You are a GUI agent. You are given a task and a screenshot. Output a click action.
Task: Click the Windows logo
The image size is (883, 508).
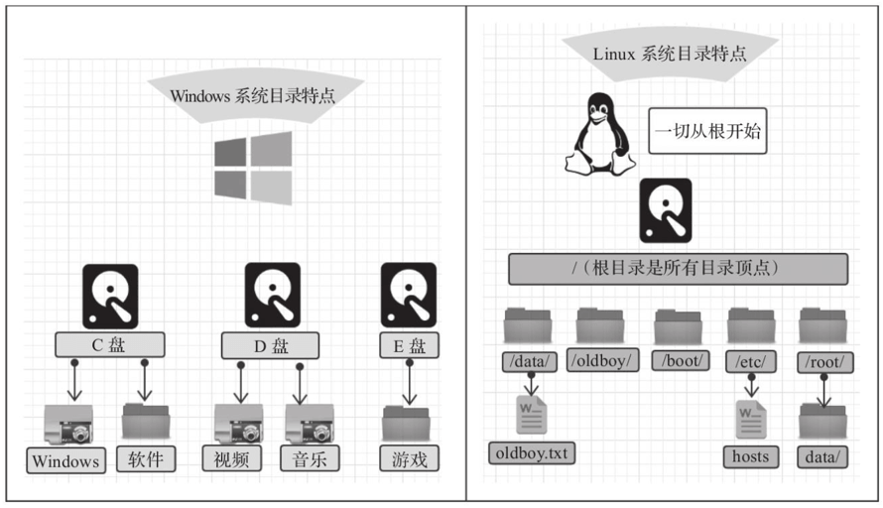pos(253,168)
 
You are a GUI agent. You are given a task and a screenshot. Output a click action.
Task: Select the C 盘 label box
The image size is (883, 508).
pos(109,345)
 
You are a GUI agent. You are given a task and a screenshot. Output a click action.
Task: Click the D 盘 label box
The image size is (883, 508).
pos(269,345)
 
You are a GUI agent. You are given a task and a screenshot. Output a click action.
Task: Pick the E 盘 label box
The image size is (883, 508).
pos(408,345)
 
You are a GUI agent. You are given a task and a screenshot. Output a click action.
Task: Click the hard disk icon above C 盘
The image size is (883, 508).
pos(110,295)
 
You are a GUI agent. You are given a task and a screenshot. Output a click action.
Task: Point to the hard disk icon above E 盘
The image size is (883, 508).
pos(408,295)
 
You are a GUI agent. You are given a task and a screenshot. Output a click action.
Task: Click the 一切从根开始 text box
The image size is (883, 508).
pos(707,131)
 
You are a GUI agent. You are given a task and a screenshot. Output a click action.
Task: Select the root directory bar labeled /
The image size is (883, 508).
pos(678,268)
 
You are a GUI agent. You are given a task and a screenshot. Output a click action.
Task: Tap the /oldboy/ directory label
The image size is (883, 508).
pos(603,360)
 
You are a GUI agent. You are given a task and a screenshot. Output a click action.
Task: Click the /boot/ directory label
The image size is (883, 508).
pos(681,360)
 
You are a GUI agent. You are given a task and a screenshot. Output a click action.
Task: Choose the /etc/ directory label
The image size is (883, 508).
pos(750,360)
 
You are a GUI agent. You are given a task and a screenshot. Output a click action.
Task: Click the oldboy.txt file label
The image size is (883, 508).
pos(533,453)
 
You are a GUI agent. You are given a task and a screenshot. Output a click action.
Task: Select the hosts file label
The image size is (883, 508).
pos(751,455)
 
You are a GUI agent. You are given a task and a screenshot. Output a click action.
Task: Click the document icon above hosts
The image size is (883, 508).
pos(751,418)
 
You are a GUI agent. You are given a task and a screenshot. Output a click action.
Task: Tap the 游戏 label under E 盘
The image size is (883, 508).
pos(408,458)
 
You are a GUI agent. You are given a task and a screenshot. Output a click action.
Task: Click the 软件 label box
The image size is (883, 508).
pos(145,458)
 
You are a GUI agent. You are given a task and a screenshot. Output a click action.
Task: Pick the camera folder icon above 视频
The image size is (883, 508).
pos(238,423)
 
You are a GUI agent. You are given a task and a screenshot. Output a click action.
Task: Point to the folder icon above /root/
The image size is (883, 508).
pos(822,325)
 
